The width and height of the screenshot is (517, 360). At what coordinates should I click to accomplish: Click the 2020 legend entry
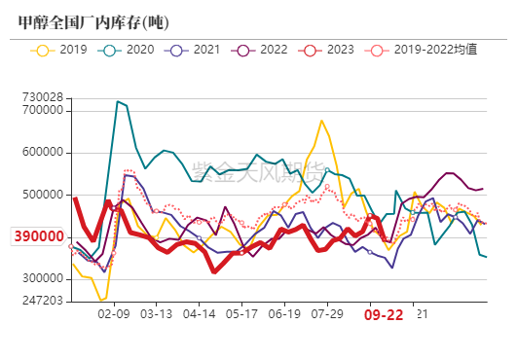(127, 49)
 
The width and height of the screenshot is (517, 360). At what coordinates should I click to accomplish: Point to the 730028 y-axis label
(43, 97)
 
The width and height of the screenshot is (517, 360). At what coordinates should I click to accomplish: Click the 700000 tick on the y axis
(43, 111)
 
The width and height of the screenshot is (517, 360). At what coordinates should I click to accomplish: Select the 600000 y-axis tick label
(43, 153)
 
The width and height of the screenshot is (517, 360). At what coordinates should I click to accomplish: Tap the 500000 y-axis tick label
(43, 196)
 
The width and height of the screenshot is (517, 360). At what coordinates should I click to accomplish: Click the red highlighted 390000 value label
(38, 237)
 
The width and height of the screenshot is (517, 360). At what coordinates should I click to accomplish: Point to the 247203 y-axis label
(43, 302)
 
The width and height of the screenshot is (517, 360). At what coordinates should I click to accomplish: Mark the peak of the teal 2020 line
(118, 101)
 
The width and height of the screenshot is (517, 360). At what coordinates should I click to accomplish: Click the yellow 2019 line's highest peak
(321, 121)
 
